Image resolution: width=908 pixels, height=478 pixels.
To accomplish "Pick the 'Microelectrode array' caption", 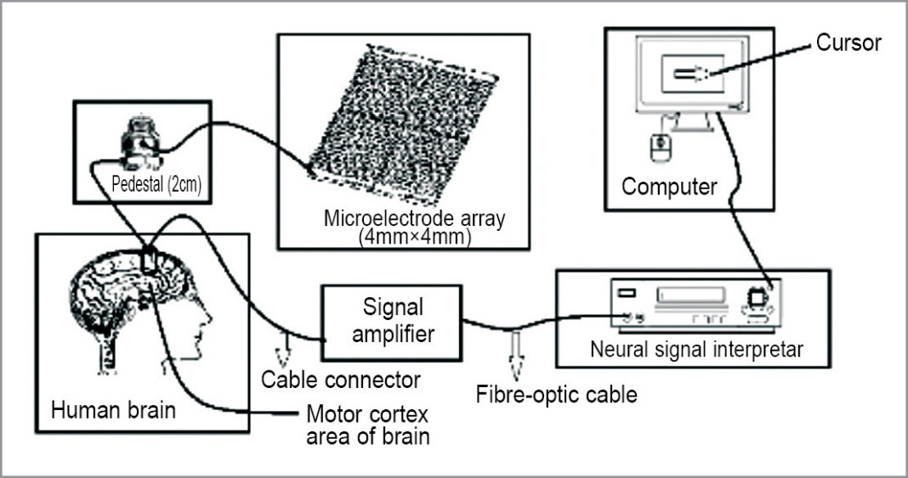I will point(414,217).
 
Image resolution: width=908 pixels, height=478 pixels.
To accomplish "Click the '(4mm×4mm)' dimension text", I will point(414,237).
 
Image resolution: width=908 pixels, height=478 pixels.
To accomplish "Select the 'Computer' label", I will point(669,186).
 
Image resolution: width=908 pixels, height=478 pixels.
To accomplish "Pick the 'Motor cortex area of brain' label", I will point(367,425).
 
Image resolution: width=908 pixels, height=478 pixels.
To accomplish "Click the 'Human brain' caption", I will point(113,412).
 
